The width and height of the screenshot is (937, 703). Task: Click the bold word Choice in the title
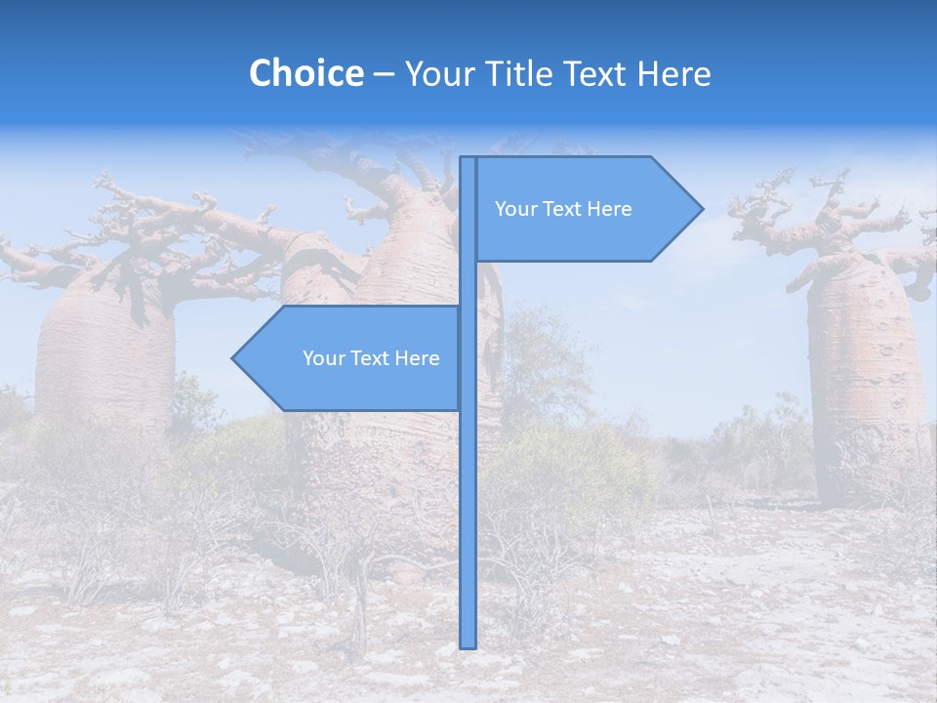pos(306,73)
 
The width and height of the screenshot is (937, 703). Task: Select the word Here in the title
pos(672,73)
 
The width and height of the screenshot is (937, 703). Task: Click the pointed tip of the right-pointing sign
pos(701,208)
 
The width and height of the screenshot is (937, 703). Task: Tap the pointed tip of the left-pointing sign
pos(234,358)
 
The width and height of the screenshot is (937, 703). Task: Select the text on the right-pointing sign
pos(563,209)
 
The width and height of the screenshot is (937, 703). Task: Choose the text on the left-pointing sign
pos(371,358)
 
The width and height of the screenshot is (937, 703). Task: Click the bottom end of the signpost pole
pos(468,644)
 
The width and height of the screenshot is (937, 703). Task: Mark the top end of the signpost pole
pos(468,159)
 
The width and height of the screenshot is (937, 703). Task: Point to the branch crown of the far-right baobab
pos(820,215)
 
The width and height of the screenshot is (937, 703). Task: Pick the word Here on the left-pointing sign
pos(417,358)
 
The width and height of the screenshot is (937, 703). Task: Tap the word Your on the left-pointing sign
pos(324,358)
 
